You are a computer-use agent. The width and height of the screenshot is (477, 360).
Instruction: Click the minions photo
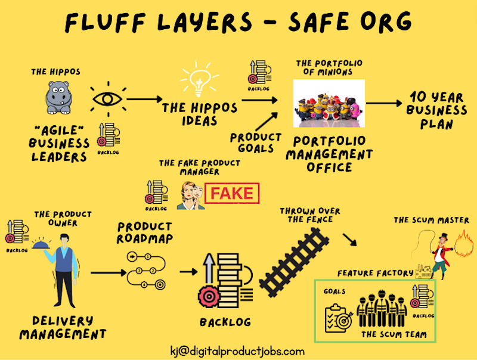tap(329, 103)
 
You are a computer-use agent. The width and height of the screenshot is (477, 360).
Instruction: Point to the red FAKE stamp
tap(233, 194)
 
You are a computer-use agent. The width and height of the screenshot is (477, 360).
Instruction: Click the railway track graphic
tap(295, 263)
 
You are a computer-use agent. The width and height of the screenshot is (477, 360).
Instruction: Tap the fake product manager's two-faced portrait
tap(191, 195)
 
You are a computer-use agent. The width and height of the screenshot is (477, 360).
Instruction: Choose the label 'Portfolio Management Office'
tap(329, 154)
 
